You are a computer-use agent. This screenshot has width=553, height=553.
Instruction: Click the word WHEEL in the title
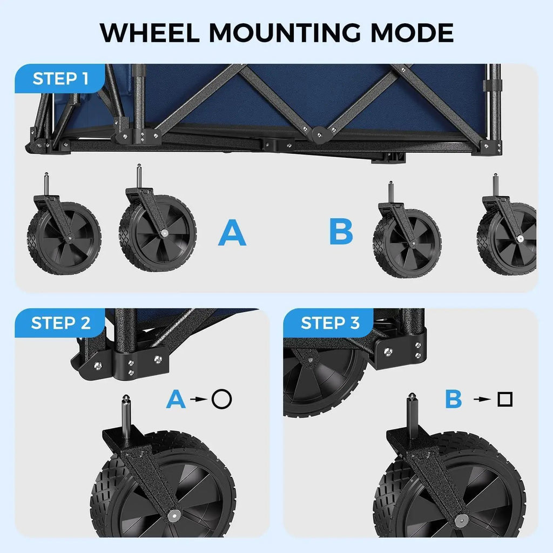150,33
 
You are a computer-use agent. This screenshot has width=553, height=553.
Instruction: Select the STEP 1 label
60,79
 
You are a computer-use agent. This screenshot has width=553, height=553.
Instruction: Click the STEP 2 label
60,323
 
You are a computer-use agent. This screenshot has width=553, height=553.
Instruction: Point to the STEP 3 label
330,323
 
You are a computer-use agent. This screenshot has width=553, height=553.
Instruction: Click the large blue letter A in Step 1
232,232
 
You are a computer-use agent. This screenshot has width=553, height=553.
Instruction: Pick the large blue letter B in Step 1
341,231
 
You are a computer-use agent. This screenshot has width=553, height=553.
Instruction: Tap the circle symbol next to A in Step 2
222,399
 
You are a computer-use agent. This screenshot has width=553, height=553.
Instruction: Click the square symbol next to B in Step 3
505,399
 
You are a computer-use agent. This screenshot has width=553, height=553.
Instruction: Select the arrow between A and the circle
199,399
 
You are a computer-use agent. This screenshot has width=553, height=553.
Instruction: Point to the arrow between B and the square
482,399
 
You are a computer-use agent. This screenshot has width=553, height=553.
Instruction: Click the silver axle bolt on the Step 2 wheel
174,515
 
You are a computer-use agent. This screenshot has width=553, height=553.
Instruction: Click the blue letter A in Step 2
176,399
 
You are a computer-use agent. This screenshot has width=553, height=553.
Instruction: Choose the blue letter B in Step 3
454,399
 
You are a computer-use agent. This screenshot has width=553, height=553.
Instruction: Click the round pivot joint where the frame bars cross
319,134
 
